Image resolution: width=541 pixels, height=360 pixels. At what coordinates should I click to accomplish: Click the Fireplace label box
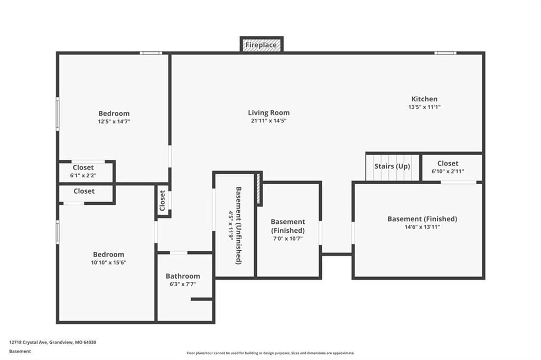point(262,45)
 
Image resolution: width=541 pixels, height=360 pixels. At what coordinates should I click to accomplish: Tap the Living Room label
point(269,113)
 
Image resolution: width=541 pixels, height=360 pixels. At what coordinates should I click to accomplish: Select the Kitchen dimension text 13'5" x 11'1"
point(424,107)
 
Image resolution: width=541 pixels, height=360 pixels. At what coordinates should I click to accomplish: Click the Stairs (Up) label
point(393,166)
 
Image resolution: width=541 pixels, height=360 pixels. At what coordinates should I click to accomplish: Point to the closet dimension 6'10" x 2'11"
point(448,172)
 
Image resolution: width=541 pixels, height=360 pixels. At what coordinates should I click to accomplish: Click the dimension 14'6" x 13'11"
point(422,227)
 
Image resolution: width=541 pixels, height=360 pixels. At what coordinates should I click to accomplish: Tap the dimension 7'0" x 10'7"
point(288,239)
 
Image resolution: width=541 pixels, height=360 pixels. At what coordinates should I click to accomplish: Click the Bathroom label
point(183,276)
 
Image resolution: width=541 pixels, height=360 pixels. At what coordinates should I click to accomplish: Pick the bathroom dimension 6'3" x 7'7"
point(183,285)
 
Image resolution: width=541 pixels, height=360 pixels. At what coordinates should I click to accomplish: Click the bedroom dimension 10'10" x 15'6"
point(109,263)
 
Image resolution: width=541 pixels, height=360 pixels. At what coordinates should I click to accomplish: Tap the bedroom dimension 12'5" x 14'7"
point(114,121)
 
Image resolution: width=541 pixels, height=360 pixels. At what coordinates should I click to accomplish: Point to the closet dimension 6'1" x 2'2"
point(83,176)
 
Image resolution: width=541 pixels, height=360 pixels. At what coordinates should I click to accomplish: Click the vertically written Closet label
point(163,201)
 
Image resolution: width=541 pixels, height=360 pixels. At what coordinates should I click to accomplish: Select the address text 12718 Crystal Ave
point(28,343)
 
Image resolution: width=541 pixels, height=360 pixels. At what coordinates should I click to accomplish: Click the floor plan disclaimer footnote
point(270,353)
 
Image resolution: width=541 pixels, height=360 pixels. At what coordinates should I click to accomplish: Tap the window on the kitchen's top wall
point(445,53)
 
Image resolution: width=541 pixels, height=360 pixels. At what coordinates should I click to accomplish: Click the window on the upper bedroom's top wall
point(151,53)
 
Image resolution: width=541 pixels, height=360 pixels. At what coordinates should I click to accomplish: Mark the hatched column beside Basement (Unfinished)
point(258,189)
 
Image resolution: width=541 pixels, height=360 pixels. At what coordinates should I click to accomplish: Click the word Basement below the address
point(20,352)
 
